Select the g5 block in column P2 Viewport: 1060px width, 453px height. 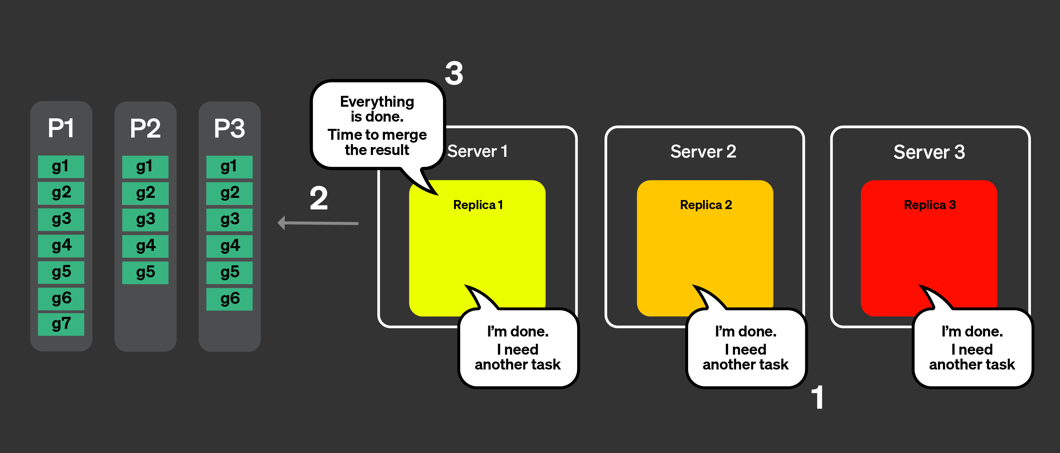[145, 272]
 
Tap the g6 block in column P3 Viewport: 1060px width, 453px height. [229, 299]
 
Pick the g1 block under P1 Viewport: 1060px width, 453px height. [61, 167]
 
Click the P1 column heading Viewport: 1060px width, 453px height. [61, 128]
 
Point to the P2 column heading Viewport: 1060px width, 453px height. [145, 128]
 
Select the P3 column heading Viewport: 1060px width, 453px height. [229, 128]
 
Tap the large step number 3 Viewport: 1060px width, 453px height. [454, 74]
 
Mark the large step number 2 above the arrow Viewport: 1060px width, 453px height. [318, 199]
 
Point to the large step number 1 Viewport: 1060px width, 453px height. [818, 397]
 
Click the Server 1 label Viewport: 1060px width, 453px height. [477, 151]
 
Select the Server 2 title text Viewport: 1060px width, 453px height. [703, 151]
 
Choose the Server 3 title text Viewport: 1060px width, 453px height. [929, 152]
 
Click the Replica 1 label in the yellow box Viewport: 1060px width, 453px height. [478, 205]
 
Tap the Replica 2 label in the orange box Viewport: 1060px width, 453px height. [706, 205]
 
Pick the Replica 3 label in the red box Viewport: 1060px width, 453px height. [929, 205]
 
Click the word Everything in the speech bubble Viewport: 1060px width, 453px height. [377, 102]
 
